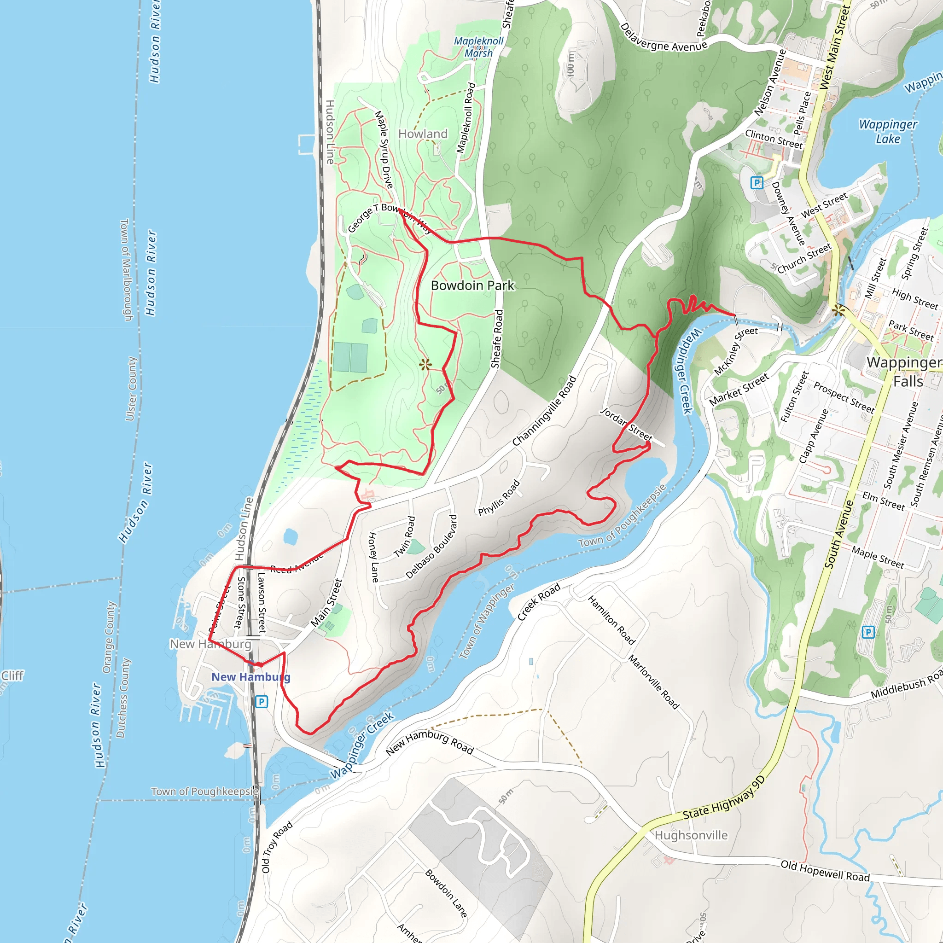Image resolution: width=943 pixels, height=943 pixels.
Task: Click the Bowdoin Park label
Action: click(x=472, y=285)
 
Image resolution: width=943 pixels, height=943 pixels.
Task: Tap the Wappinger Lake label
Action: click(x=888, y=131)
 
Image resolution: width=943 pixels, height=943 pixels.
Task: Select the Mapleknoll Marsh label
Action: click(x=478, y=47)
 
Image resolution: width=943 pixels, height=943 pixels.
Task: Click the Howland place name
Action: click(x=423, y=134)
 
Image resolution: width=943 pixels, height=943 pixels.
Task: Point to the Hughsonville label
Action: click(x=691, y=835)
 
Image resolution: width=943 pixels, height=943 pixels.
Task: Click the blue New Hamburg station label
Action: click(x=250, y=677)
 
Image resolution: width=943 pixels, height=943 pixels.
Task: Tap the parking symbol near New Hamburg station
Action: click(x=262, y=702)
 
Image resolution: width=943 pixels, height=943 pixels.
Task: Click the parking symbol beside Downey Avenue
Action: click(x=756, y=183)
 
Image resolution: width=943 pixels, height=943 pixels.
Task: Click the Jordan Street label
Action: click(x=626, y=424)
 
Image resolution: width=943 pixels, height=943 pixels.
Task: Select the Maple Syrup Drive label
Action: click(x=384, y=149)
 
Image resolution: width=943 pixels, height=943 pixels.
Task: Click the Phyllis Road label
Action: click(x=499, y=497)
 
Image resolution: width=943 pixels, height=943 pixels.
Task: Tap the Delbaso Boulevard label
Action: click(x=431, y=547)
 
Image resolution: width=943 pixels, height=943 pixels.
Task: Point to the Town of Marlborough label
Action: click(x=127, y=269)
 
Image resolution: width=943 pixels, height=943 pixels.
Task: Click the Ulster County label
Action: click(x=131, y=389)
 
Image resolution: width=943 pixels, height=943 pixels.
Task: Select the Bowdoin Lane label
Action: click(x=446, y=893)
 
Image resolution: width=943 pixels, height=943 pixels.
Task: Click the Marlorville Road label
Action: click(x=653, y=681)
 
